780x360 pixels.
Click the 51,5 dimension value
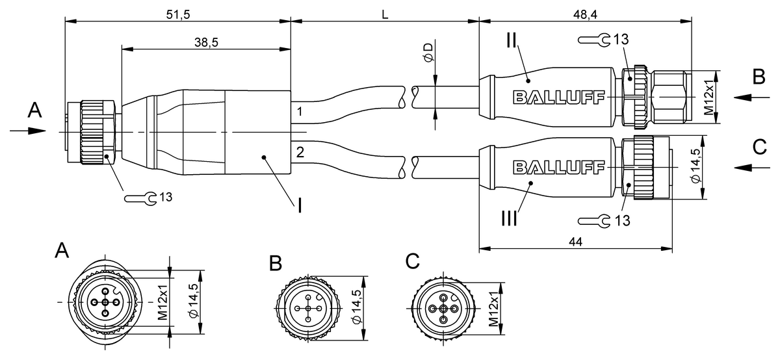click(177, 14)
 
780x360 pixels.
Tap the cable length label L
click(385, 14)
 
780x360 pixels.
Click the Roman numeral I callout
click(300, 207)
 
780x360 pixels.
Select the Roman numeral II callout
click(512, 42)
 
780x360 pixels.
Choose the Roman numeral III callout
click(510, 218)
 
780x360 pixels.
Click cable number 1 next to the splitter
click(300, 111)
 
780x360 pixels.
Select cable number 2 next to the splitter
click(300, 153)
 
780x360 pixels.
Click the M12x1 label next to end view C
click(493, 308)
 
